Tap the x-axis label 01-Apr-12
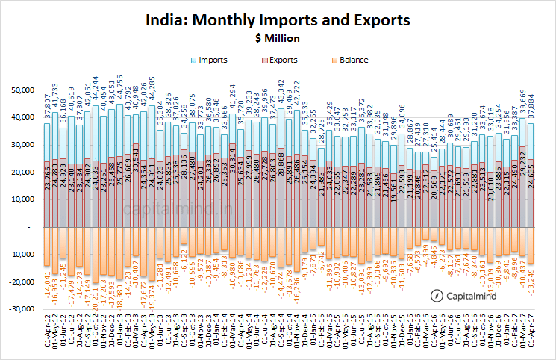(46, 332)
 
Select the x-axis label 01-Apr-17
(531, 332)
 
